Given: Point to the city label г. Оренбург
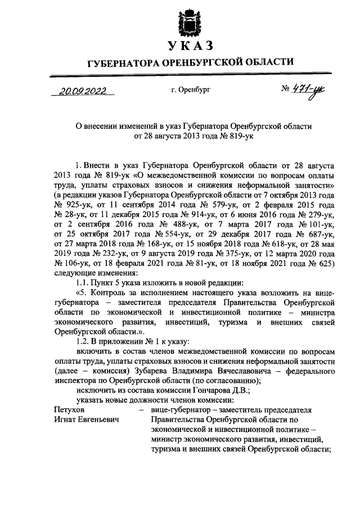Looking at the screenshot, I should pos(191,90).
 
